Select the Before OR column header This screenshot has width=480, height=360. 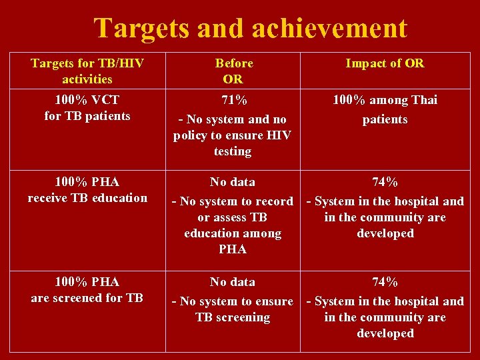pos(233,71)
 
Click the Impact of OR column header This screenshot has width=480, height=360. pos(385,63)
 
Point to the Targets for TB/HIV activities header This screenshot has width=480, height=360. pos(87,71)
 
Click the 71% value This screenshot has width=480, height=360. pos(233,100)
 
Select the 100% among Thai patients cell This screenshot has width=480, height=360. pos(385,109)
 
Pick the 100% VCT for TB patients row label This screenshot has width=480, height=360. pos(87,107)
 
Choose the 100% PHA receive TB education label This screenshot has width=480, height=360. pos(87,189)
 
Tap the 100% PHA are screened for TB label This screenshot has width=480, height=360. pos(87,289)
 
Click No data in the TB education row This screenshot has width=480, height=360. pos(233,182)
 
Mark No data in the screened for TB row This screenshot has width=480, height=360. pos(233,282)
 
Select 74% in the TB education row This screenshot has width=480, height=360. pos(385,182)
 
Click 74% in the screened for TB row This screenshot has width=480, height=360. pos(385,282)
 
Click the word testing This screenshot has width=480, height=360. pos(233,152)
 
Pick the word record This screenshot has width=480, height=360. pos(275,201)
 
